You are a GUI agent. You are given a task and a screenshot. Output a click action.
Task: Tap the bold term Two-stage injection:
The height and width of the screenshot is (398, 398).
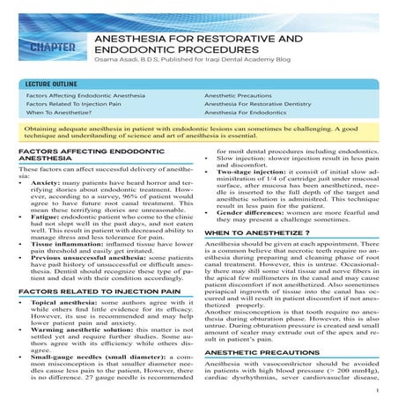pyautogui.click(x=254, y=175)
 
